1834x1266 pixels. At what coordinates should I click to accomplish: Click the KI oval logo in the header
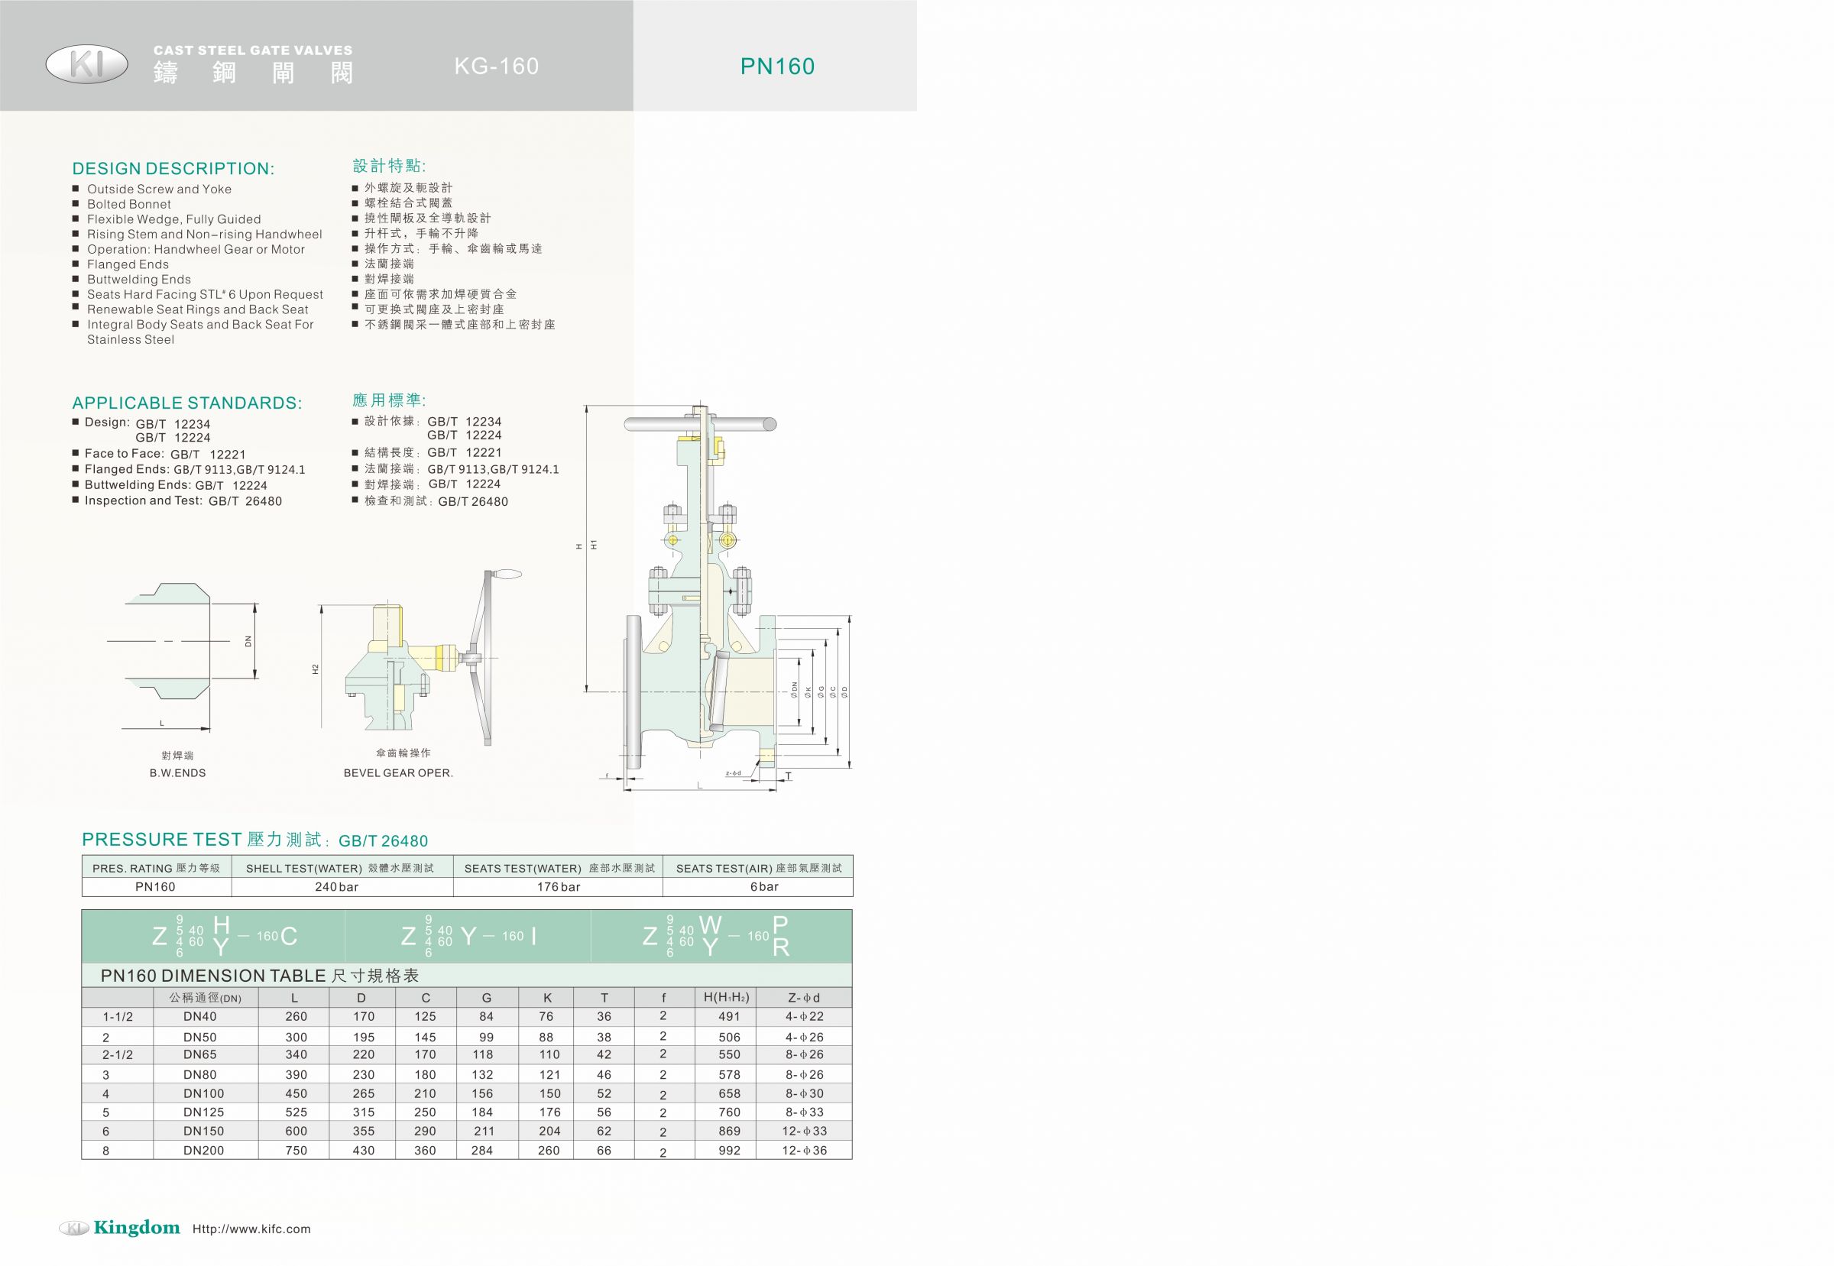(86, 64)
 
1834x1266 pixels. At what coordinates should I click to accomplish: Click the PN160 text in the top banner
(777, 66)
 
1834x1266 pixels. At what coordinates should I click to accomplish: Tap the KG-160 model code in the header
(497, 66)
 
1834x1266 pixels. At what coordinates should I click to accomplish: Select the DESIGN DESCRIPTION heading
(173, 168)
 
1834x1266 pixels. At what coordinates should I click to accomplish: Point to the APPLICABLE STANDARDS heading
(186, 403)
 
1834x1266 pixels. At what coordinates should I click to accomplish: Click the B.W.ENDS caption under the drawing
(178, 772)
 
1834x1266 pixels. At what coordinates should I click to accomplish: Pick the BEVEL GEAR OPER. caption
(398, 772)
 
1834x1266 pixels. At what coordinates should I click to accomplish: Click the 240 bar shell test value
(336, 887)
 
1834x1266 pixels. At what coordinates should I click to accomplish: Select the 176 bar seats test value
(559, 887)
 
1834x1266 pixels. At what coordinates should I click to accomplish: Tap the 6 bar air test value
(764, 887)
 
